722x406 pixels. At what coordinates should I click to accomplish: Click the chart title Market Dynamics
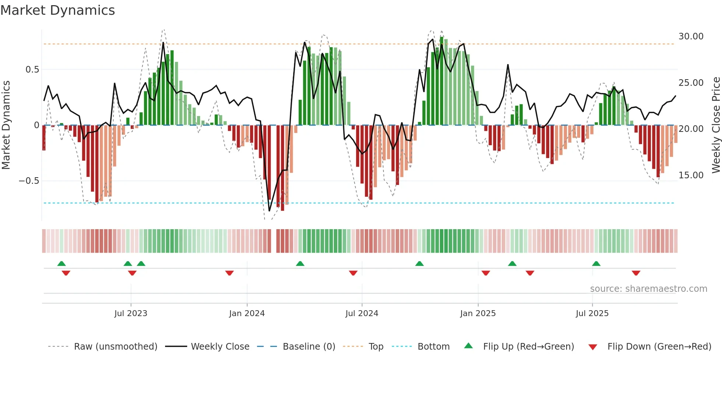pos(57,10)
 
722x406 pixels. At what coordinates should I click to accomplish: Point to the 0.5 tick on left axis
pos(32,70)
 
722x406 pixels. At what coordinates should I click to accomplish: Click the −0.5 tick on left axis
pos(29,181)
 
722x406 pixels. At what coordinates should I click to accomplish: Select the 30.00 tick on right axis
pos(691,36)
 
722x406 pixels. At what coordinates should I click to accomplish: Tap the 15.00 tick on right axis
pos(691,175)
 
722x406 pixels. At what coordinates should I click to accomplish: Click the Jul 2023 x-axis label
pos(130,314)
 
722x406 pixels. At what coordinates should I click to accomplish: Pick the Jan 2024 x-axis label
pos(246,314)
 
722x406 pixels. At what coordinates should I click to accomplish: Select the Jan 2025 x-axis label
pos(477,314)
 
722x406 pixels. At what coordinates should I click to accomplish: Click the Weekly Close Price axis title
pos(716,125)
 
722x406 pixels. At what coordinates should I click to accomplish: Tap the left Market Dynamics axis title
pos(6,125)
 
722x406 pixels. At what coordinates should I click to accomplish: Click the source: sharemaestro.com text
pos(648,289)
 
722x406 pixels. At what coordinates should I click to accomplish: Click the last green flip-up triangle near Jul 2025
pos(596,263)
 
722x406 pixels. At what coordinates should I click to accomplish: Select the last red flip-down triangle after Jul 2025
pos(636,273)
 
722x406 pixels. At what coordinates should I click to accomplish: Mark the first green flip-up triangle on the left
pos(62,263)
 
